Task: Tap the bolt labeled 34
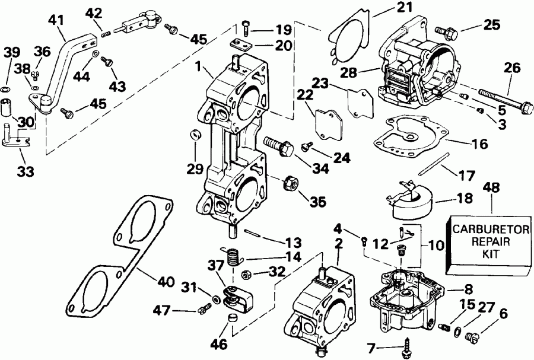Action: pos(278,144)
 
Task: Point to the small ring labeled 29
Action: pos(194,136)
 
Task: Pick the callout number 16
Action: pos(481,144)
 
